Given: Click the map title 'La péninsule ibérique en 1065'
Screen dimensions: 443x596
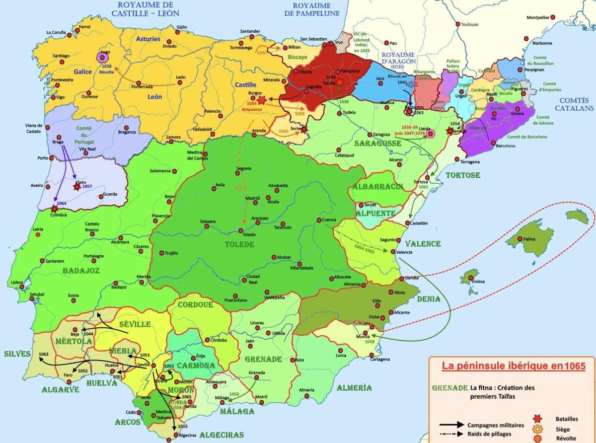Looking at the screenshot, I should tap(514, 366).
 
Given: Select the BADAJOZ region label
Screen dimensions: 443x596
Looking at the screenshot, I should tap(81, 270).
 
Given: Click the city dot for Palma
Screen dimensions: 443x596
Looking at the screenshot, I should tap(520, 239).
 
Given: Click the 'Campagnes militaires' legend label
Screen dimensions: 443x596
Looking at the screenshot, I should tap(495, 425).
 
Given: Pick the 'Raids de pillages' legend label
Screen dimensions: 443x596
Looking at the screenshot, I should tap(490, 434).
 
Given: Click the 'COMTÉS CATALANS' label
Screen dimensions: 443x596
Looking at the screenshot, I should tap(574, 104).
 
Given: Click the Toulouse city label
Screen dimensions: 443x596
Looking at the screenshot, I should tap(469, 24).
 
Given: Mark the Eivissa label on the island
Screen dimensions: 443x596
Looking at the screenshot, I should tap(478, 282).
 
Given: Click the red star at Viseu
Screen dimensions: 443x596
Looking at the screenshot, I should tap(77, 186).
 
